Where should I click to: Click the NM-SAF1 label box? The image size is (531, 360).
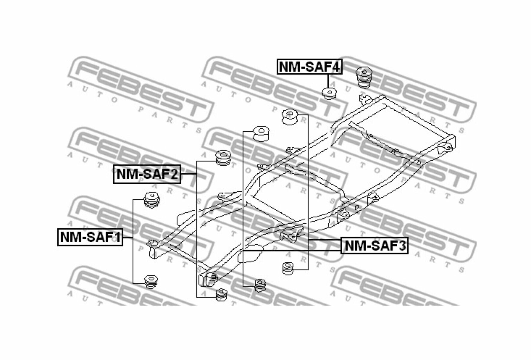[x=90, y=237]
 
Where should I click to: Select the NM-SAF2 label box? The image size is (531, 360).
[x=147, y=174]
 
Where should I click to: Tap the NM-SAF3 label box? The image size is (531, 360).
[x=374, y=246]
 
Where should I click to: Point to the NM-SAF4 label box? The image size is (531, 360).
[x=309, y=67]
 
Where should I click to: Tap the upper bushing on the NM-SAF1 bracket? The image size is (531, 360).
[x=152, y=199]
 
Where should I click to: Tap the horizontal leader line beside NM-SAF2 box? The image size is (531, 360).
[x=189, y=174]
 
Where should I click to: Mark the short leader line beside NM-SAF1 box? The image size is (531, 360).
[x=128, y=237]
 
